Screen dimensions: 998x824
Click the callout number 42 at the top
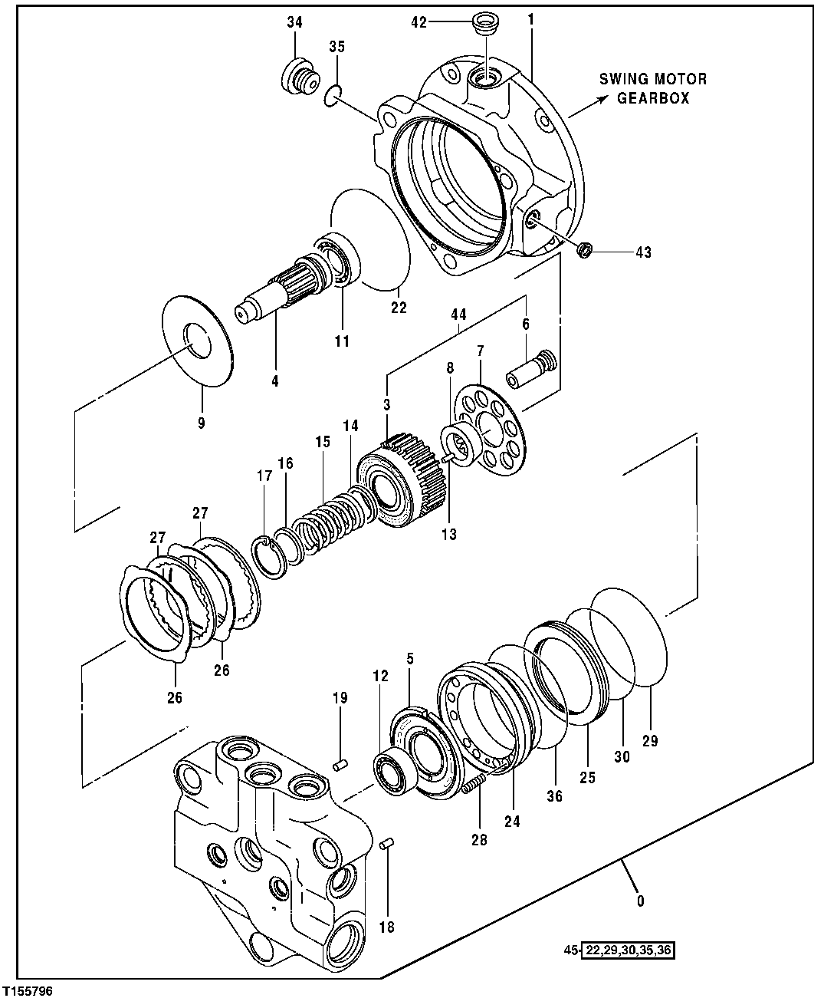tap(419, 22)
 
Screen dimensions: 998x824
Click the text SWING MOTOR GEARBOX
tap(653, 88)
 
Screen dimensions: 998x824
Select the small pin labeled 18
tap(387, 845)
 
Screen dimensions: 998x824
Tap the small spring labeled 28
tap(474, 785)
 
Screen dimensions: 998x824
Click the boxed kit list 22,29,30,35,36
tap(629, 950)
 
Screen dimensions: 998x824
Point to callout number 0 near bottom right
tap(640, 901)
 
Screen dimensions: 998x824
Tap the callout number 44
tap(458, 315)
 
